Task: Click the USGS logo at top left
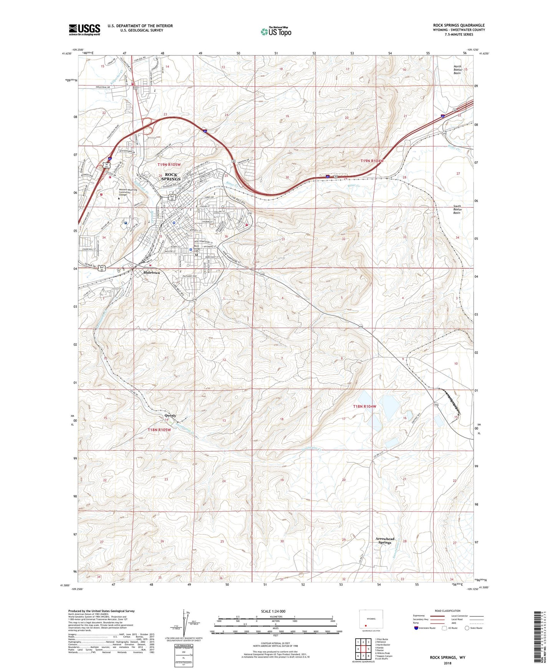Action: (x=84, y=30)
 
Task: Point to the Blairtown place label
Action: (x=151, y=272)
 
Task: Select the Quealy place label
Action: (x=170, y=415)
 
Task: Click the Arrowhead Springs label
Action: (x=384, y=541)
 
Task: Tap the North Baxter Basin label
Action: (x=458, y=70)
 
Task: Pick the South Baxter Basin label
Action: (x=457, y=209)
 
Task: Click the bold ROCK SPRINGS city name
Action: (x=171, y=177)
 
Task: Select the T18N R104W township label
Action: (x=364, y=406)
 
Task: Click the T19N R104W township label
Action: (x=372, y=161)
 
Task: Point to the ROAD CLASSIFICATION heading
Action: (x=448, y=611)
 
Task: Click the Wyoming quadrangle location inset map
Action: (x=370, y=619)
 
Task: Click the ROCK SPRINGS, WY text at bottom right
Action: (x=447, y=658)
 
